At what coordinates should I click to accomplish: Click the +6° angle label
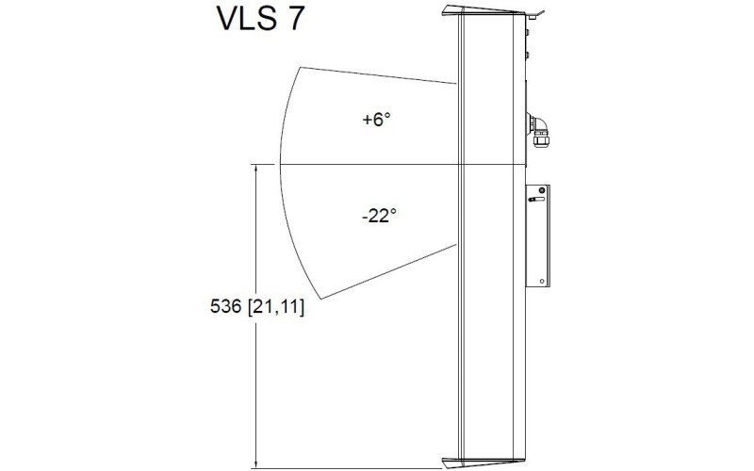click(x=375, y=121)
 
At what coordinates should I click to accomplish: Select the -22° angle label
click(x=378, y=216)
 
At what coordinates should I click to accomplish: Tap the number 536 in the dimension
click(x=225, y=307)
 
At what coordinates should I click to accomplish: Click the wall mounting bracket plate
click(x=538, y=235)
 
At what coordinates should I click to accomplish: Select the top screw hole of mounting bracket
click(x=542, y=190)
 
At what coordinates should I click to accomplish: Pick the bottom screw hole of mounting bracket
click(x=542, y=280)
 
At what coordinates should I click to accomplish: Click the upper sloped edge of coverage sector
click(x=377, y=75)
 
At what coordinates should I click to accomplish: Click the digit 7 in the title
click(x=294, y=20)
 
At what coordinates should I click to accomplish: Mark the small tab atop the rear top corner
click(x=534, y=13)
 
